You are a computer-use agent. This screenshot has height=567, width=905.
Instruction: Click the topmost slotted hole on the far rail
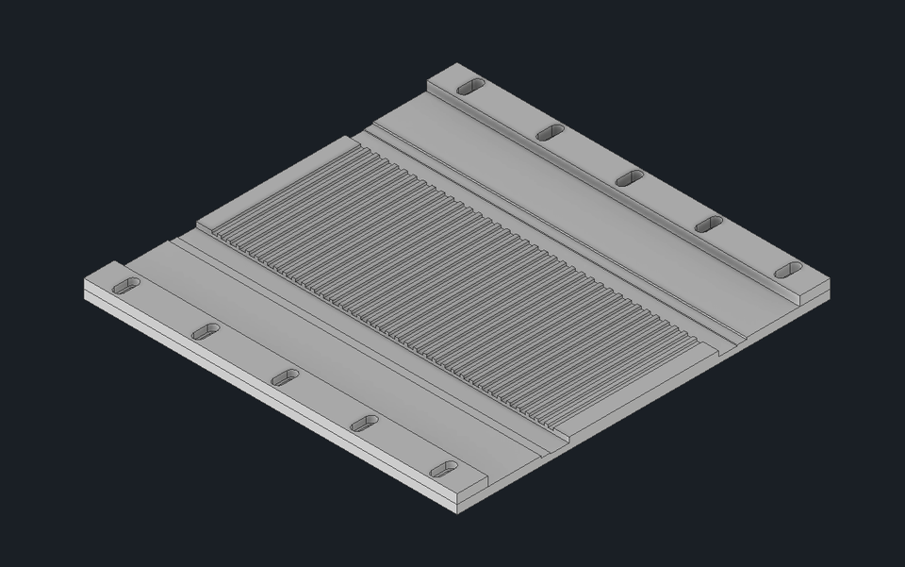470,87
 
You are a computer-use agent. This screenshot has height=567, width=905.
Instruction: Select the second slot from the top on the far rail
551,133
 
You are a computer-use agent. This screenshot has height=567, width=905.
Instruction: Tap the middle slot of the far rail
630,178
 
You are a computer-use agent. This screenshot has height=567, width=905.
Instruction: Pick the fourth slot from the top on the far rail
709,225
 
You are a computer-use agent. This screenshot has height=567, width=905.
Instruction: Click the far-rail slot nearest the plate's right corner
788,271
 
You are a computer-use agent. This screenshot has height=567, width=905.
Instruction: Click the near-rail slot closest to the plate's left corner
125,286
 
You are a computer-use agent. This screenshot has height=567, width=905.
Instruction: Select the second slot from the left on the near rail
206,332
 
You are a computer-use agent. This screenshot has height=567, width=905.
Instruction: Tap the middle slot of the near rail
285,377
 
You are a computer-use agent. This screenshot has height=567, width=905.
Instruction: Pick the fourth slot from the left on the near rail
364,424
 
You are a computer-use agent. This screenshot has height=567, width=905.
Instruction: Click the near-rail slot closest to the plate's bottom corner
444,469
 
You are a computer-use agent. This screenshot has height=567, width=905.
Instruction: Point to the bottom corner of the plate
457,512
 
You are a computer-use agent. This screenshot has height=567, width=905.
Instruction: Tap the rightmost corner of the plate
831,289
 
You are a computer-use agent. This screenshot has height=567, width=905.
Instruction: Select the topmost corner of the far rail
458,64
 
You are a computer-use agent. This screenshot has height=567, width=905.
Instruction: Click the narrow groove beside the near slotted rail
358,344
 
